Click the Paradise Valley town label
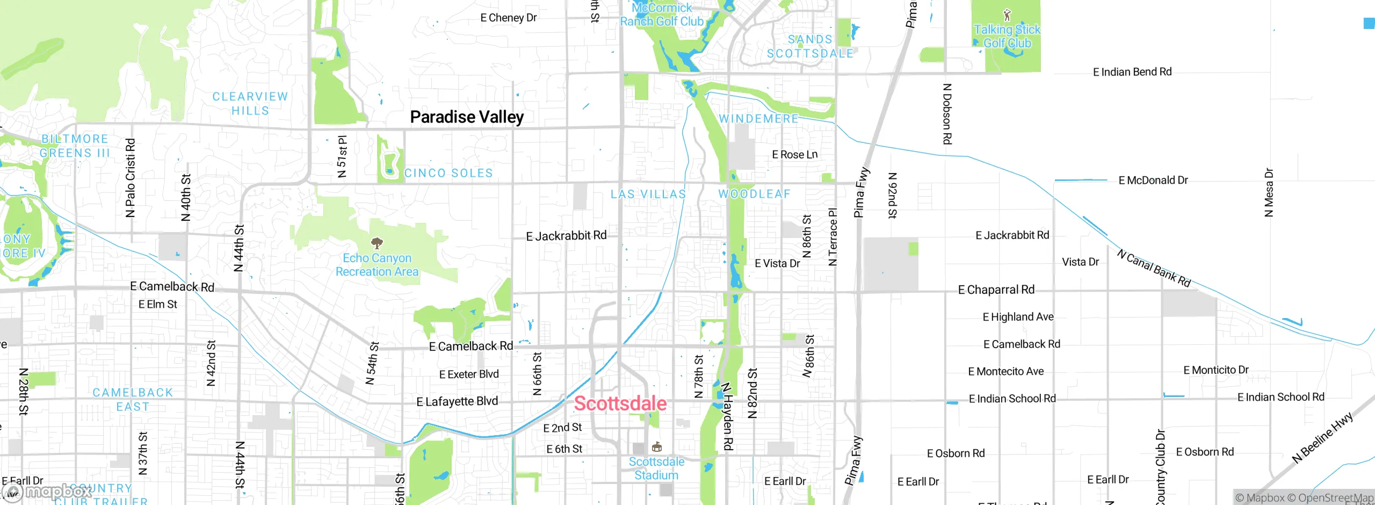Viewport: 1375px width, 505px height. click(467, 117)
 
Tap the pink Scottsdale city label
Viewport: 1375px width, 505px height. click(620, 403)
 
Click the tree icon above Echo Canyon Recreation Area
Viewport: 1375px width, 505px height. click(378, 243)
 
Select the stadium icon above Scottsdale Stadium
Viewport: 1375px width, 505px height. click(656, 447)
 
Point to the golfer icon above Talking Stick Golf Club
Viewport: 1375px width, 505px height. click(1007, 15)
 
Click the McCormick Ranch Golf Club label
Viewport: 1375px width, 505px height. click(662, 15)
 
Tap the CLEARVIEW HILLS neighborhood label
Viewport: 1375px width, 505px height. click(250, 104)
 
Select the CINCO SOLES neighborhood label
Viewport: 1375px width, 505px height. click(448, 173)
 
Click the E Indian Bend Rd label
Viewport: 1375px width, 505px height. click(1132, 72)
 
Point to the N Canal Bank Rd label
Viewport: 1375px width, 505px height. click(1154, 268)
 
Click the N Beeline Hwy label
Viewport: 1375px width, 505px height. click(1322, 437)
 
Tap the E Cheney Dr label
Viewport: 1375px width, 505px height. click(509, 18)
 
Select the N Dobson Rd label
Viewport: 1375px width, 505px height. click(947, 114)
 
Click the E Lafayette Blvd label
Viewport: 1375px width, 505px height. click(457, 401)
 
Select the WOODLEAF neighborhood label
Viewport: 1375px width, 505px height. click(755, 194)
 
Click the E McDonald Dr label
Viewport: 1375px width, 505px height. click(1153, 181)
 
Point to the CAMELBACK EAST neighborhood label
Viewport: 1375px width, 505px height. click(133, 400)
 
